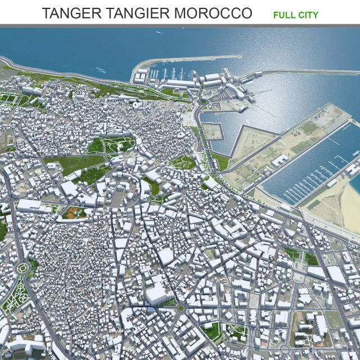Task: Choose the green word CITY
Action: click(308, 15)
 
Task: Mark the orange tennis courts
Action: click(72, 213)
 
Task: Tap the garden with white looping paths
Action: click(16, 295)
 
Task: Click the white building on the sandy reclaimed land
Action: click(279, 160)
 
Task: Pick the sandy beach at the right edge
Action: click(340, 202)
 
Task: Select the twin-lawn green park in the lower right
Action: click(301, 256)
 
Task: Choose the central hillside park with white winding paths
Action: click(112, 146)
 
